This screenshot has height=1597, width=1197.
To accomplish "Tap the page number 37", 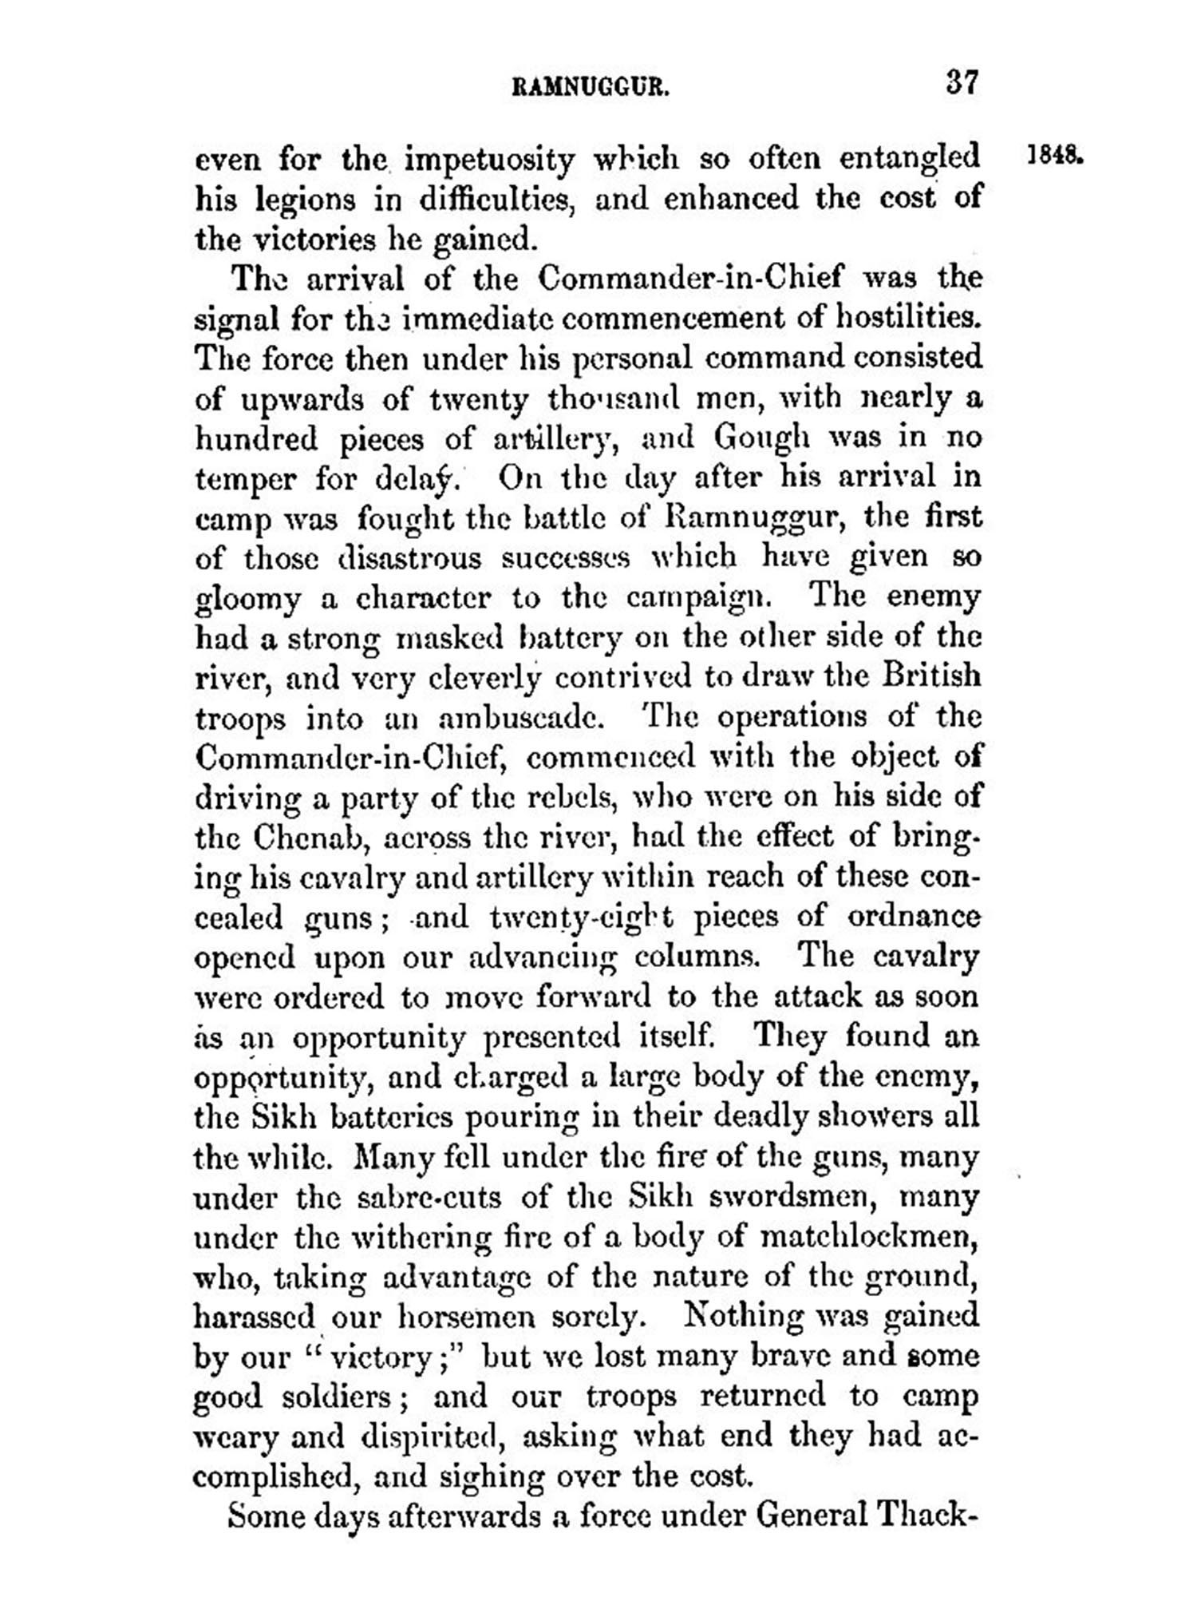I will click(962, 82).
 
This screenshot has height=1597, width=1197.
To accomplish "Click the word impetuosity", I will click(489, 160).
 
